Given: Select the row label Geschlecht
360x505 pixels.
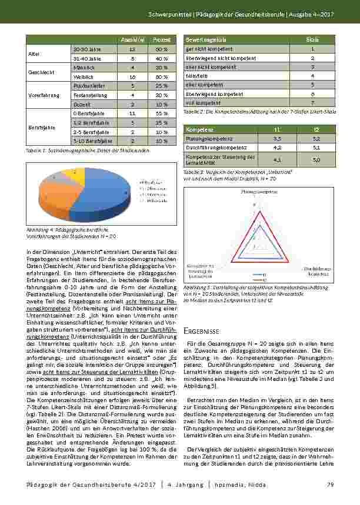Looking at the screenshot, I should click(x=38, y=72).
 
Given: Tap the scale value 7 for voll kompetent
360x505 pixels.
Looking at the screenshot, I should click(x=313, y=102).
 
